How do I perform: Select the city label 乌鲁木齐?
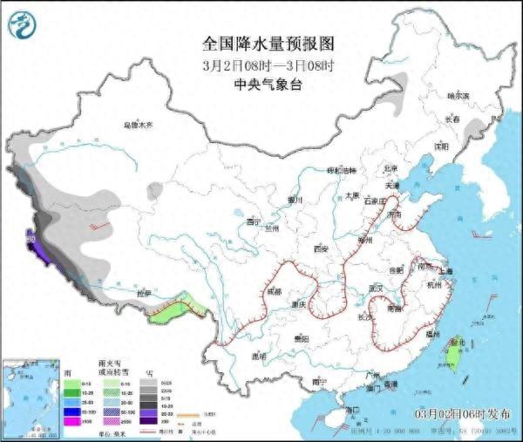pyautogui.click(x=136, y=126)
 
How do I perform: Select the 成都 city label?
pyautogui.click(x=275, y=291)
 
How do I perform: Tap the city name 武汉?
pyautogui.click(x=377, y=287)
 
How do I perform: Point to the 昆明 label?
pyautogui.click(x=258, y=356)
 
